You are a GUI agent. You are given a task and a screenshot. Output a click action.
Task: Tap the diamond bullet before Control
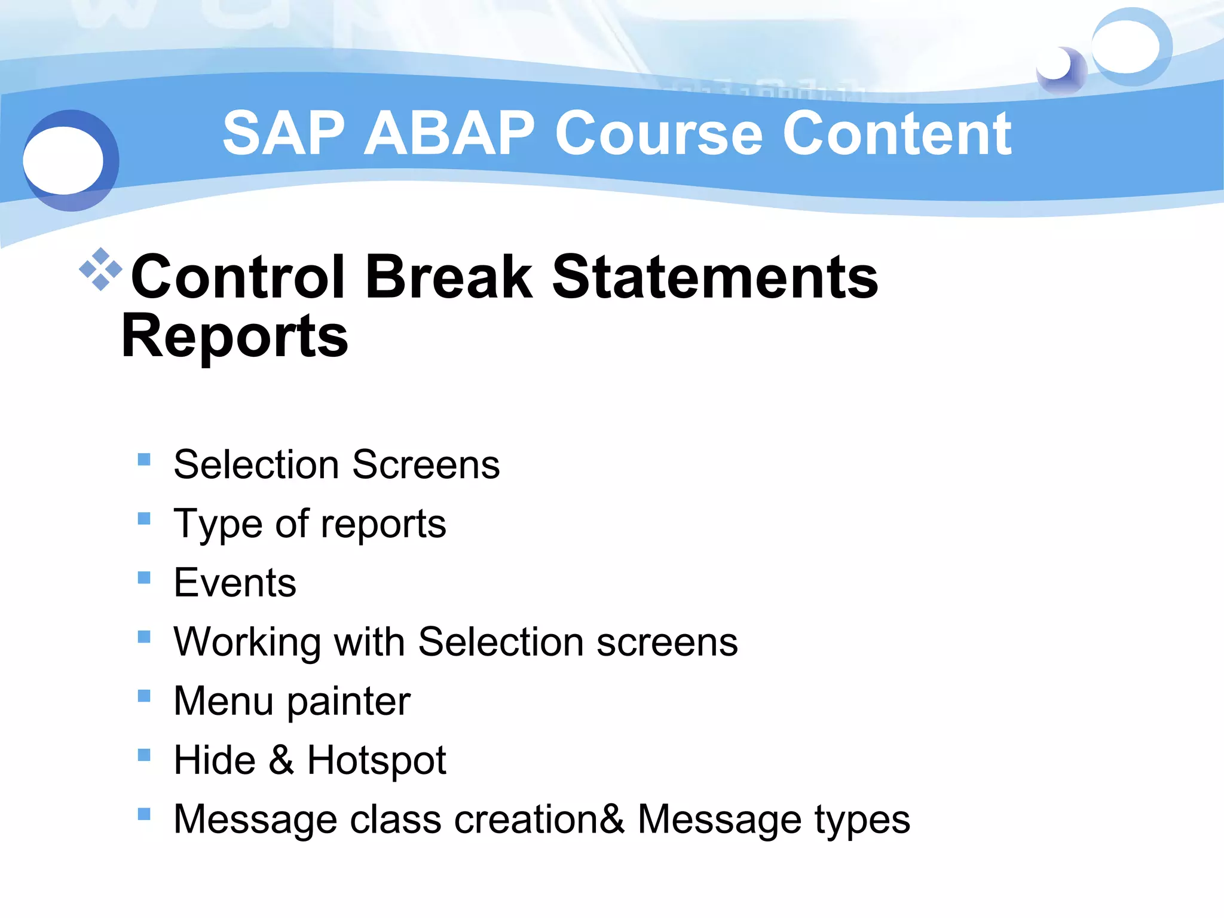coord(100,269)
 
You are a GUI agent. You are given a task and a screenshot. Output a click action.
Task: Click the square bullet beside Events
coord(144,577)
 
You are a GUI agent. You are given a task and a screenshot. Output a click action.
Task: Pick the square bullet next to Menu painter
coord(144,696)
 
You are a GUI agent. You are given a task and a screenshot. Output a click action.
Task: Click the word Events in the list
coord(235,583)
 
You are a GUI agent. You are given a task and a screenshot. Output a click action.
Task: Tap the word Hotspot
coord(377,761)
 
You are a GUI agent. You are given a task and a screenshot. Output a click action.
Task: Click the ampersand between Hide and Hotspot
coord(281,760)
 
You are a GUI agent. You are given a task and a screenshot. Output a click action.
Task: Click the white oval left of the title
coord(63,160)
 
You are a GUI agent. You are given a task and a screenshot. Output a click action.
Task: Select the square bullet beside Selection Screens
coord(144,459)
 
